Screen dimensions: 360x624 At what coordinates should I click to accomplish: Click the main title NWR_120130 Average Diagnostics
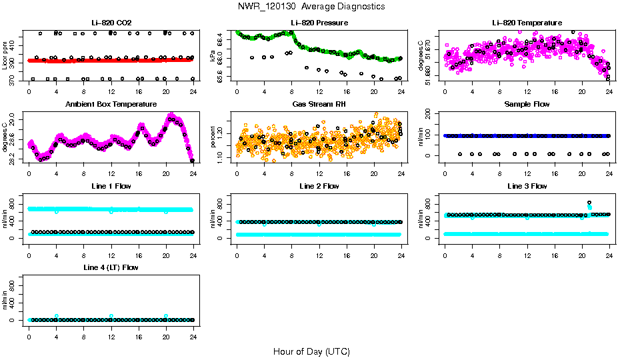click(311, 7)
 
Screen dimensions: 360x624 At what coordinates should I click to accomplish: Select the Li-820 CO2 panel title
click(111, 23)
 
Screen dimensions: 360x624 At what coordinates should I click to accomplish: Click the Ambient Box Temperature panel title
click(111, 105)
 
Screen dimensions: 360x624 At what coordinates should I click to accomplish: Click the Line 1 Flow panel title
click(111, 186)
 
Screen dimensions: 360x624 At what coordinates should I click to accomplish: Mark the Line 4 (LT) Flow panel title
click(111, 267)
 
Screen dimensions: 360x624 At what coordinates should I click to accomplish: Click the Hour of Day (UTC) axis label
click(311, 351)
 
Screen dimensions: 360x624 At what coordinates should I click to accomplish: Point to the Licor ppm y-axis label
click(5, 55)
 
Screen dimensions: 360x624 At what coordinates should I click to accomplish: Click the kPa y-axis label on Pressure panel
click(213, 55)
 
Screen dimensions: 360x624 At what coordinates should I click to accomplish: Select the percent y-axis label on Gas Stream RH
click(213, 137)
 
